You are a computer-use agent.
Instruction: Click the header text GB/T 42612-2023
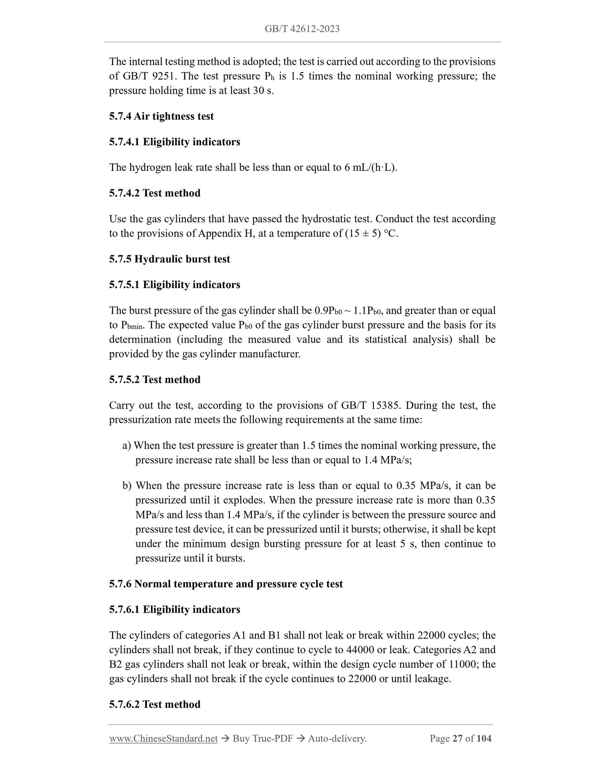coord(302,29)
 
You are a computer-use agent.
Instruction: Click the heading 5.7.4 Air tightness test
coord(161,116)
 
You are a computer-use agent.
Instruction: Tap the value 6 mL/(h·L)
coord(370,167)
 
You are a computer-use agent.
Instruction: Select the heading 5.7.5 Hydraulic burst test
coord(170,259)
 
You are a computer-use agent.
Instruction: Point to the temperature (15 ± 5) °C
coord(371,233)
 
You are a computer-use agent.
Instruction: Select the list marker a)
coord(127,446)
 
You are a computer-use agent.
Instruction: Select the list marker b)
coord(127,486)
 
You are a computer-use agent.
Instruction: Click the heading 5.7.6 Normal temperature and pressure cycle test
coord(226,584)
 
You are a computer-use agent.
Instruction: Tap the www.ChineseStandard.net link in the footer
coord(163,739)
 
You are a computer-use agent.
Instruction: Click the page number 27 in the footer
coord(458,739)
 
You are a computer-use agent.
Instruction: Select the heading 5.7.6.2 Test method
coord(154,704)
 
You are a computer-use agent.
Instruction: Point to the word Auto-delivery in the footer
coord(337,739)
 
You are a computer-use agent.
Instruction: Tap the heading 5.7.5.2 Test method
coord(154,380)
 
